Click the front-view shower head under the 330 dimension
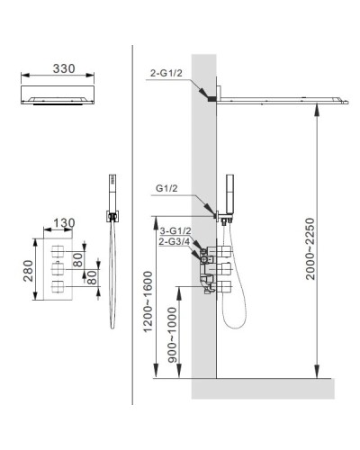58,98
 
